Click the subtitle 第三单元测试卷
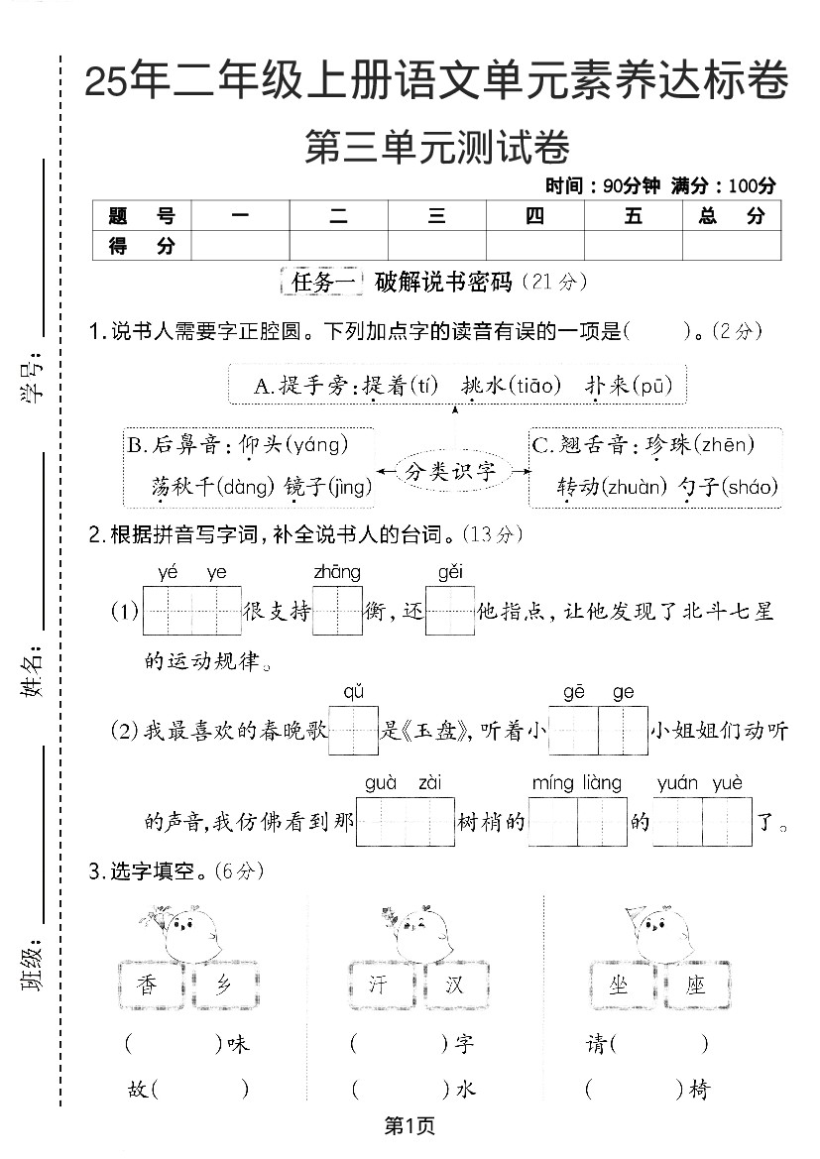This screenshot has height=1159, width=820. [436, 148]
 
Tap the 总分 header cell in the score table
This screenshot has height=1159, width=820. [731, 216]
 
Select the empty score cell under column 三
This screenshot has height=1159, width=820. [436, 245]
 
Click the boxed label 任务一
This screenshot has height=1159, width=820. [323, 283]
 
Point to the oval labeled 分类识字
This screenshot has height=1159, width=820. [450, 471]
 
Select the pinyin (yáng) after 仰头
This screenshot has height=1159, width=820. [316, 445]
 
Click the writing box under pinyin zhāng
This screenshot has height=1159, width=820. [337, 610]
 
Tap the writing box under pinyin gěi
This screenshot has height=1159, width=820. [450, 610]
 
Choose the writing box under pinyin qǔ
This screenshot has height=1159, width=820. [354, 730]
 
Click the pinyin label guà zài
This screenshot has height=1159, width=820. [403, 783]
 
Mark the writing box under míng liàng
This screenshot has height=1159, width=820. [577, 821]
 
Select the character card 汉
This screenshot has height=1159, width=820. [455, 985]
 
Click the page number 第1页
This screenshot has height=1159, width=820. [410, 1125]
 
